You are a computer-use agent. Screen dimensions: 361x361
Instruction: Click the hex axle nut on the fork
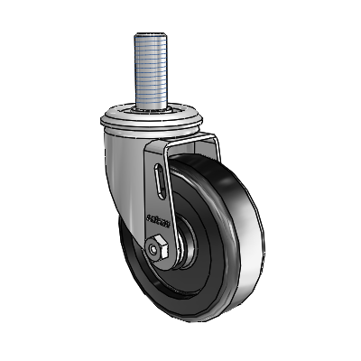pos(158,245)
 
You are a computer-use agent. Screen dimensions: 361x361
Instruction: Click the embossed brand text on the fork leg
pos(155,216)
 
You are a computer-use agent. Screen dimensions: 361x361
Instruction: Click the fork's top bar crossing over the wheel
pos(194,144)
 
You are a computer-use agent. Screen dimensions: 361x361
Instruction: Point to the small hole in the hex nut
pos(158,245)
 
